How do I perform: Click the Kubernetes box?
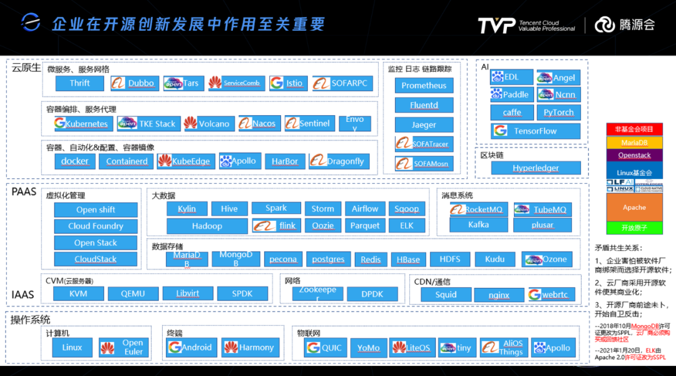point(81,124)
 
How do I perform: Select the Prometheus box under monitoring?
point(424,86)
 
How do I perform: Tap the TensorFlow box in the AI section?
point(535,131)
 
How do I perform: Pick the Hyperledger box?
point(535,168)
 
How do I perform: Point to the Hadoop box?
point(207,226)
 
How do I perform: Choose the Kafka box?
point(478,225)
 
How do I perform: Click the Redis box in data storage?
point(371,259)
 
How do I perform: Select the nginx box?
point(499,295)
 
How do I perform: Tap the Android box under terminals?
point(190,347)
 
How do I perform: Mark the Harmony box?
point(249,347)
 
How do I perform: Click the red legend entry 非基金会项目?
point(633,129)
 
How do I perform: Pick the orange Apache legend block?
point(633,207)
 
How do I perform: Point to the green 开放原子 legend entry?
point(633,228)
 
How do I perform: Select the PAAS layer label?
point(24,191)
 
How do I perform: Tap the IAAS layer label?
point(23,294)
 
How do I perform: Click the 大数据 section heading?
point(164,196)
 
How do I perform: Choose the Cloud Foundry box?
point(95,226)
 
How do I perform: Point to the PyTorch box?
point(558,113)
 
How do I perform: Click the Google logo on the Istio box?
point(277,83)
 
